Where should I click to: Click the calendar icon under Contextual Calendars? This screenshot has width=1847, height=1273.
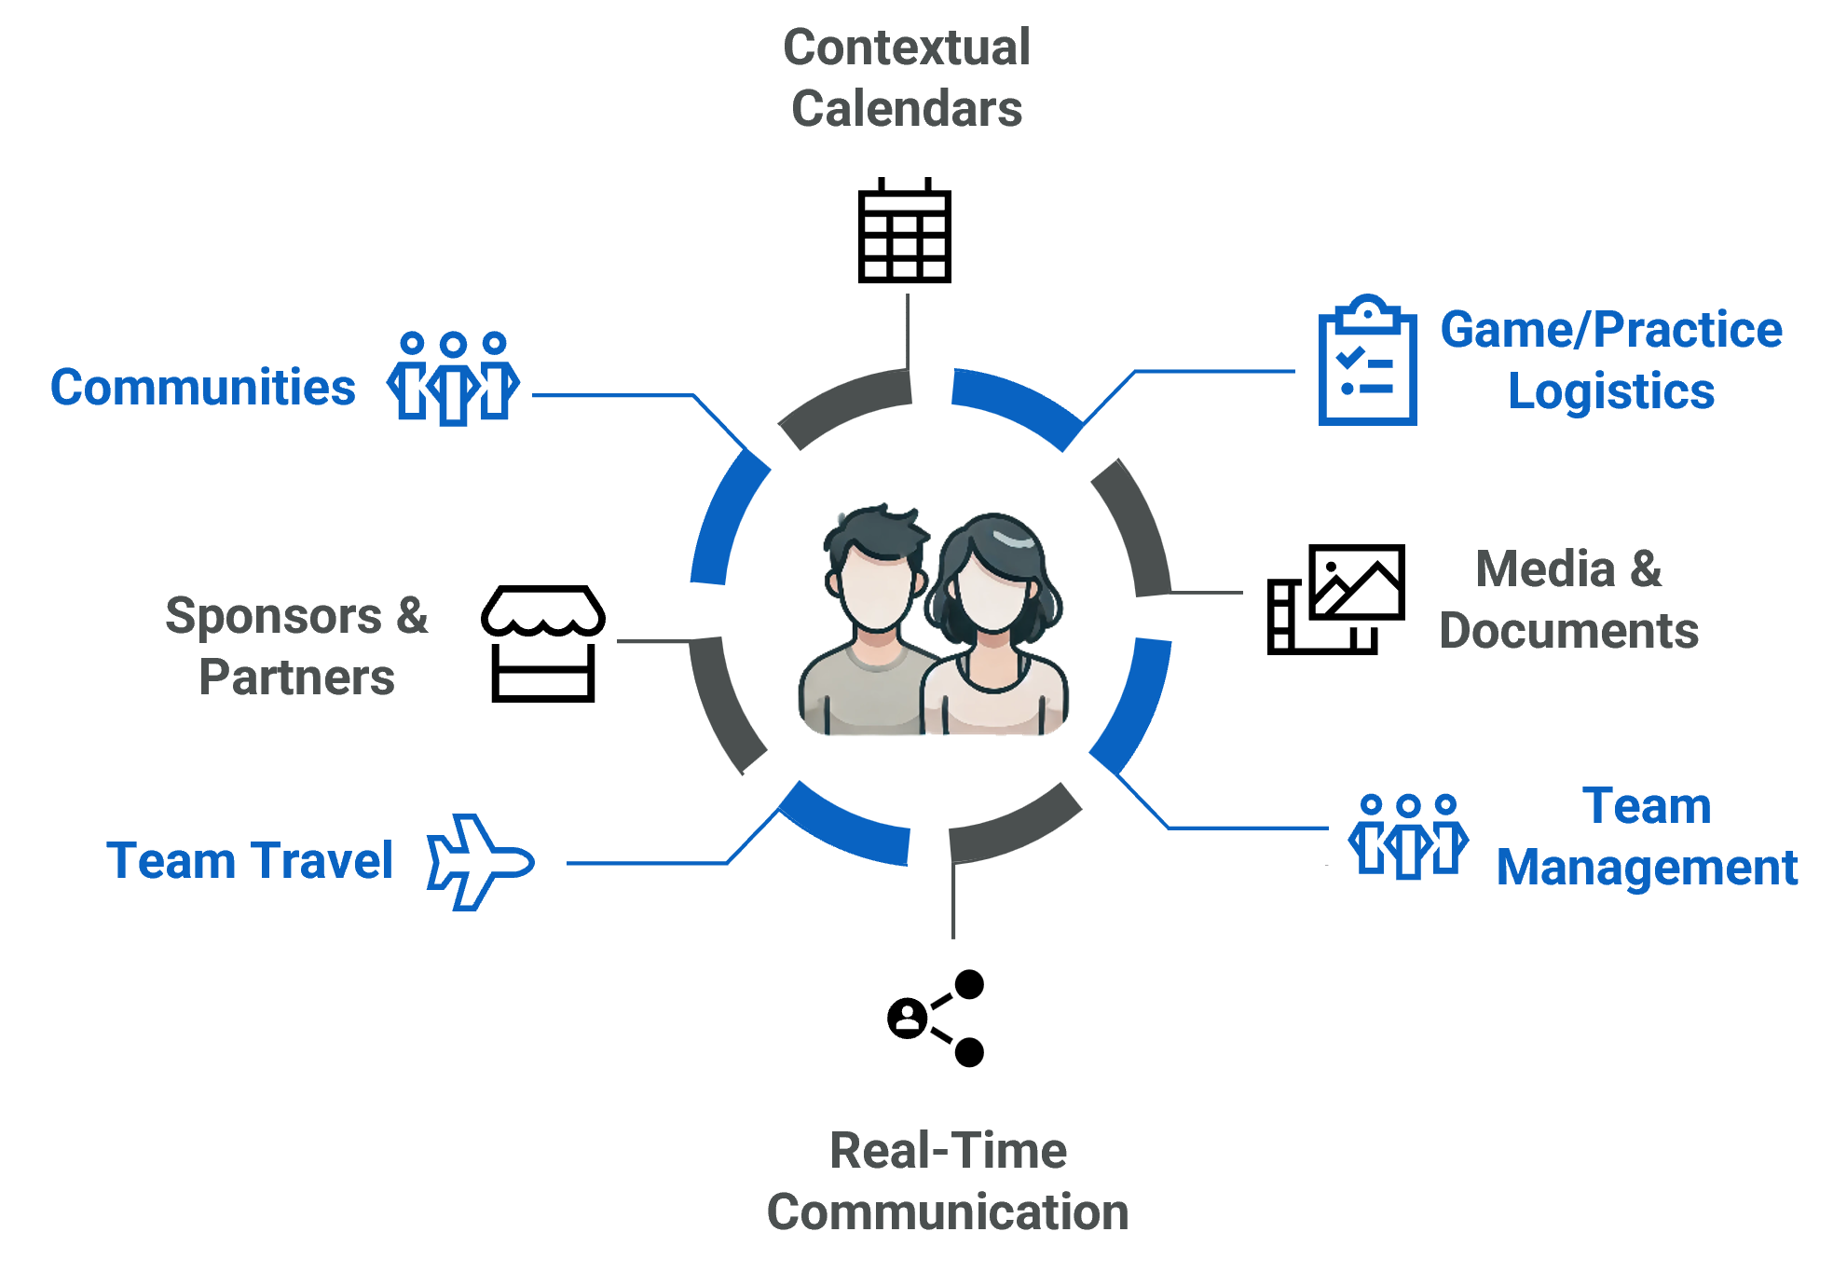click(904, 230)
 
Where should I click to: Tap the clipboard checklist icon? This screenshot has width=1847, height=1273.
click(1367, 361)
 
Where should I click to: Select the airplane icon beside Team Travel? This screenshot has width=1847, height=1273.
click(480, 862)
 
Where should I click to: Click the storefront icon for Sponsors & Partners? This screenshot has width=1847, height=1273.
click(543, 643)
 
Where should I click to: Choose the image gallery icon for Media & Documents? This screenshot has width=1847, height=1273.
click(1336, 599)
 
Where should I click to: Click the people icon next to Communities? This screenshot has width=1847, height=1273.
click(453, 378)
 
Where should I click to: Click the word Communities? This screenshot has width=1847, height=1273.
click(203, 388)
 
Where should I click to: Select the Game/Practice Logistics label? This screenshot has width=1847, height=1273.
click(1611, 360)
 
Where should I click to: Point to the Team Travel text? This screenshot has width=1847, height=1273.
click(250, 860)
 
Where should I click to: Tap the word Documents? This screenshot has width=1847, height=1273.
click(1569, 631)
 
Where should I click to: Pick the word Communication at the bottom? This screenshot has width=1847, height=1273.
click(948, 1212)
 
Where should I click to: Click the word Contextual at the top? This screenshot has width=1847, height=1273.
click(907, 48)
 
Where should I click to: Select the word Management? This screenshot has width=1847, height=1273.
click(1647, 869)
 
